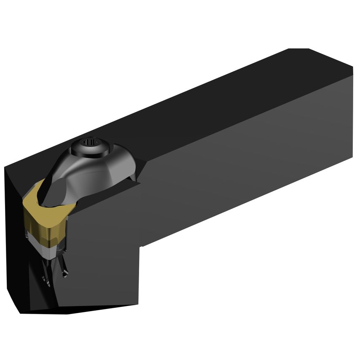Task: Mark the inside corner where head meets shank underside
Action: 141,246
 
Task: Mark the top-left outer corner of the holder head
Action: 5,167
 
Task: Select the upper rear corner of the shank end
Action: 352,67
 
